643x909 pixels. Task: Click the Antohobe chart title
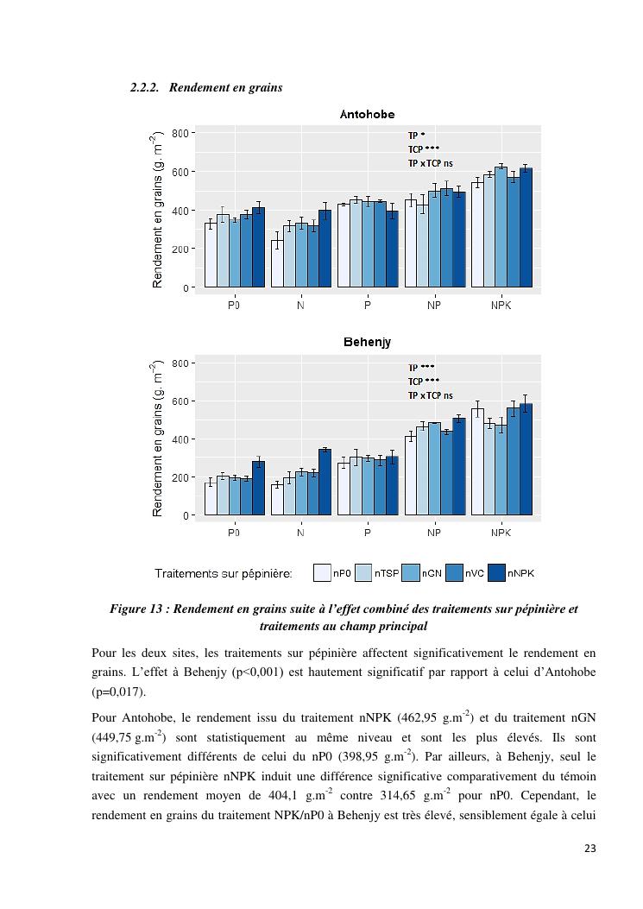coord(367,114)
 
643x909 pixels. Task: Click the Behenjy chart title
coord(367,342)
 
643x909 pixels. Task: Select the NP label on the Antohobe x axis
coord(433,305)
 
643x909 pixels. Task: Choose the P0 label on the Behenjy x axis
coord(234,533)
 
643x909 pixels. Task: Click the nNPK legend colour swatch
coord(496,572)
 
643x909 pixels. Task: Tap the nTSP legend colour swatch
coord(363,572)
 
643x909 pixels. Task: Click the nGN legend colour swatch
coord(410,572)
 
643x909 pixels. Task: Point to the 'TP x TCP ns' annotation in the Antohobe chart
coord(430,163)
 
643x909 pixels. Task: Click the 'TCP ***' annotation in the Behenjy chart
coord(424,382)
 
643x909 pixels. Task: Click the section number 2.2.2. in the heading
coord(145,87)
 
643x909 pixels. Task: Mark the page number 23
coord(589,849)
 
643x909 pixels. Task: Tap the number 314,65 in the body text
coord(466,795)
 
